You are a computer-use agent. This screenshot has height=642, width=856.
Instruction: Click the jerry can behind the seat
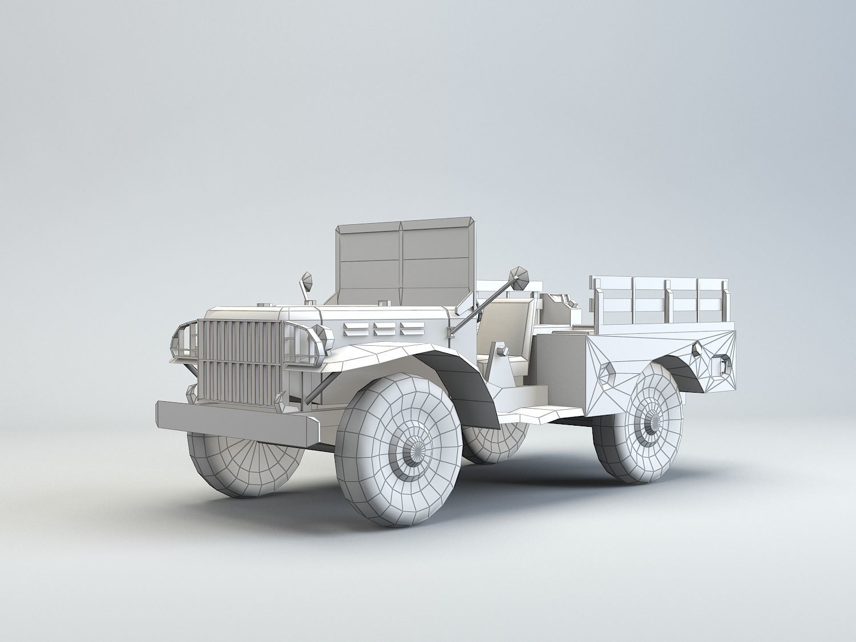click(x=556, y=311)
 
